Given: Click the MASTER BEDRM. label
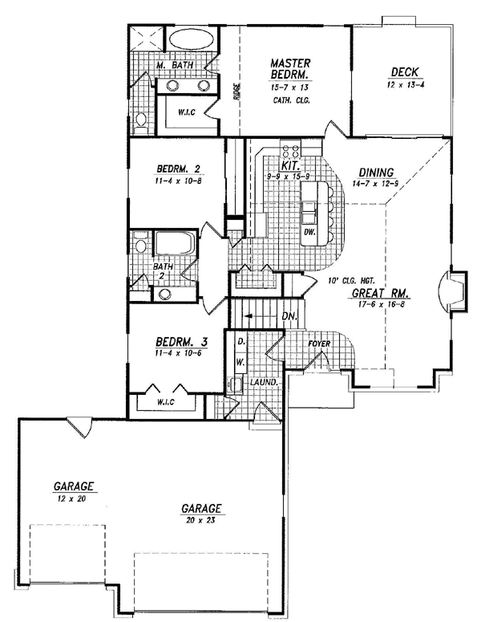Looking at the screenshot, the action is (290, 69).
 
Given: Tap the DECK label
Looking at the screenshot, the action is (405, 72).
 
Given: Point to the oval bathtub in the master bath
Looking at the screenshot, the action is (192, 39).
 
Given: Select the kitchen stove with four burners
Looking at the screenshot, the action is (290, 150).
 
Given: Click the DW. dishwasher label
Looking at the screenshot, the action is (309, 232).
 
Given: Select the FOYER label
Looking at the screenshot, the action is (319, 344).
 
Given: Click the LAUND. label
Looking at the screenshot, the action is (264, 382).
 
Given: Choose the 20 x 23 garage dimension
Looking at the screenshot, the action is (200, 520).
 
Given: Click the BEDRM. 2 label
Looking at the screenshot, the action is (178, 169).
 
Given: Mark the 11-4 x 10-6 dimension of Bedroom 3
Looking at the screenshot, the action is (179, 352).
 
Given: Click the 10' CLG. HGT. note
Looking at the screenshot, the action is (351, 281).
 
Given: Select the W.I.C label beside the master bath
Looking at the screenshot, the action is (186, 112).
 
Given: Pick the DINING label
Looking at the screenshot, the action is (376, 173).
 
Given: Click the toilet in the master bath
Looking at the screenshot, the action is (140, 121).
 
